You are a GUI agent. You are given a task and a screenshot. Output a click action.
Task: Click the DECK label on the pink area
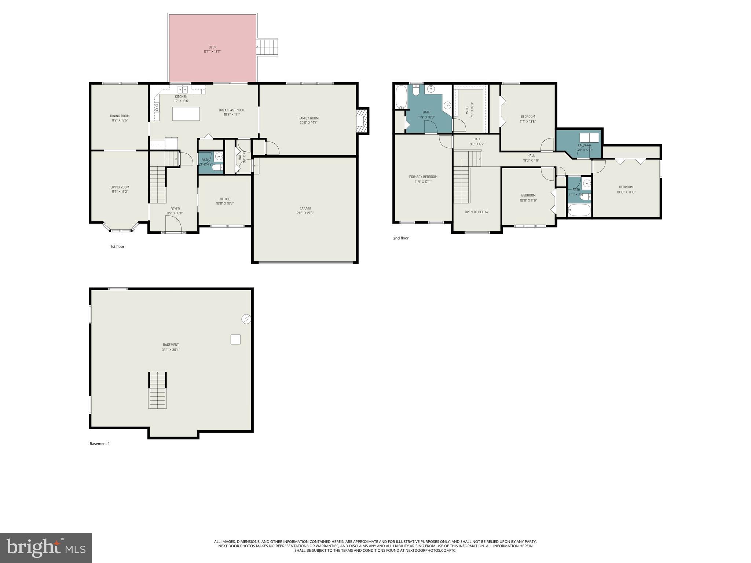coord(212,47)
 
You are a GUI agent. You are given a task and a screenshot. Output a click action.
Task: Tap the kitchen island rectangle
coord(186,114)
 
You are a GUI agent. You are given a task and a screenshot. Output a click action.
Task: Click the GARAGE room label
coord(305,209)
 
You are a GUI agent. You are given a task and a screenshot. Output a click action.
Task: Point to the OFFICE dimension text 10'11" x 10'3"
coord(225,203)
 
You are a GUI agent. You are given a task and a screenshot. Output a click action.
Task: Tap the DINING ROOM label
coord(120,116)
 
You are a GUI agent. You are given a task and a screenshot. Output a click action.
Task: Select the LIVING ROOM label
coord(120,187)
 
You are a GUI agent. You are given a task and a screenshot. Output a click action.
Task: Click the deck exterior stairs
coord(267,47)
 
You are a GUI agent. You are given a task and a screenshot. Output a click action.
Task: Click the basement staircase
coord(157,390)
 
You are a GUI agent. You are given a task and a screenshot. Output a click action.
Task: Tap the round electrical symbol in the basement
coord(246,319)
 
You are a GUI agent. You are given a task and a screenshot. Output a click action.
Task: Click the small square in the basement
coord(235,339)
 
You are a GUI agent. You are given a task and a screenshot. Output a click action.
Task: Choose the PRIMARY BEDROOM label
coord(423,177)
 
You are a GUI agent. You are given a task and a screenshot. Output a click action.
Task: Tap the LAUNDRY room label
coord(584,145)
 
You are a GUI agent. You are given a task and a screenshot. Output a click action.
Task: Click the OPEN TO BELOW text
coord(476,212)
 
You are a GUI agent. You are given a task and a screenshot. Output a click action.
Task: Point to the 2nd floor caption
coord(400,238)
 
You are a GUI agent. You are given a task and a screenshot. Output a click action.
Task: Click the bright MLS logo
coord(46,548)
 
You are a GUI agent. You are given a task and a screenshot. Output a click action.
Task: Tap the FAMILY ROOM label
coord(308,118)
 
